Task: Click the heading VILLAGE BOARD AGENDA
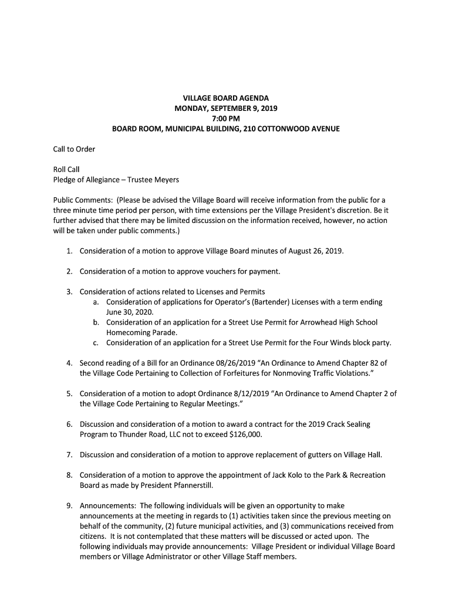226,98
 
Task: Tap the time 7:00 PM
226,119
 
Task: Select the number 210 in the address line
252,129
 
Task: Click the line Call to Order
74,149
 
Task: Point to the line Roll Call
66,170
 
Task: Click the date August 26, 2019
313,251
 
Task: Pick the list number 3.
69,292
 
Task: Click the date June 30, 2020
129,312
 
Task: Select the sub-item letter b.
96,322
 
